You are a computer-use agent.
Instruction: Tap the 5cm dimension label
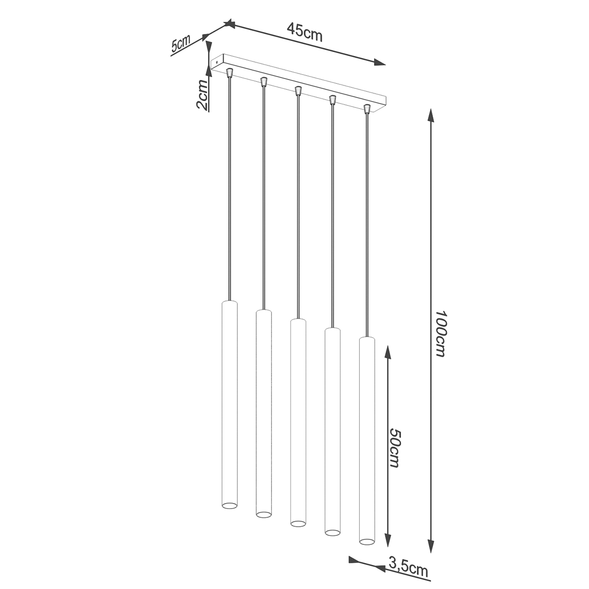[181, 45]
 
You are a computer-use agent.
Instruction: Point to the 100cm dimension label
[440, 334]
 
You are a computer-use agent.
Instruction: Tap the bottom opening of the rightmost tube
[366, 541]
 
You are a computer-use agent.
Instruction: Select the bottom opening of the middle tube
[297, 523]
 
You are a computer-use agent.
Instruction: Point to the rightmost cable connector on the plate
[367, 108]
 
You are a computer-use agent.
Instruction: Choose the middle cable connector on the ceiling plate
[297, 90]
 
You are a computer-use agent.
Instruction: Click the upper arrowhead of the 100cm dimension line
[431, 115]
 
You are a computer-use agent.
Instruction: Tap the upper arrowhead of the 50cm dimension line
[387, 351]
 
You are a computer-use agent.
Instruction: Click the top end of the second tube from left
[264, 311]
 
